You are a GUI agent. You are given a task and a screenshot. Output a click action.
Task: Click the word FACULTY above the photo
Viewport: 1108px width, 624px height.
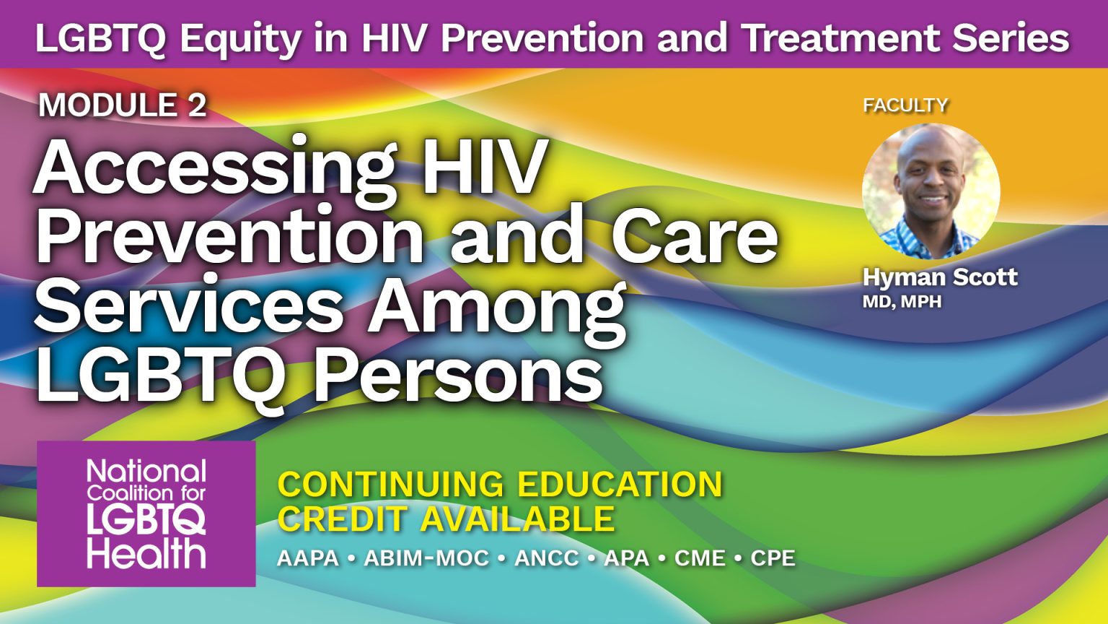pos(905,105)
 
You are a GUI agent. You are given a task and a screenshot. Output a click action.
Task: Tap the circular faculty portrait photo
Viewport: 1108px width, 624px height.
pos(931,191)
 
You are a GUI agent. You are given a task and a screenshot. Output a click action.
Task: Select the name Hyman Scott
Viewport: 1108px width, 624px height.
pos(940,277)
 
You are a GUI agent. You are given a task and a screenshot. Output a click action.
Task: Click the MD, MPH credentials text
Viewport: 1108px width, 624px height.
pos(902,301)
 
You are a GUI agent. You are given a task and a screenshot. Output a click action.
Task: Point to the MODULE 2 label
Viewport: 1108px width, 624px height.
pos(123,105)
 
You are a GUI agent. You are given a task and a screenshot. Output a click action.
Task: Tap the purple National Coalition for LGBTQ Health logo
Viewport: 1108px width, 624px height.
pos(146,513)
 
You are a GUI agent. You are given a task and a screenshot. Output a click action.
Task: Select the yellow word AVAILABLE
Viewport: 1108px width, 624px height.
pos(517,519)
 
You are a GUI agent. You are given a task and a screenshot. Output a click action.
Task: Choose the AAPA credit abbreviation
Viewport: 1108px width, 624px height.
pos(308,558)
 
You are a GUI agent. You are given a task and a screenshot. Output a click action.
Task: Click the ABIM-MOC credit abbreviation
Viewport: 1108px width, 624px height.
pos(426,558)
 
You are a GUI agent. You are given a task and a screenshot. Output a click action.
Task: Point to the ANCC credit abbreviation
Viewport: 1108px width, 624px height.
pos(547,558)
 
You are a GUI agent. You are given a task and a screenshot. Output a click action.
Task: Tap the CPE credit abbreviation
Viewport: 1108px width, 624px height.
pos(773,558)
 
